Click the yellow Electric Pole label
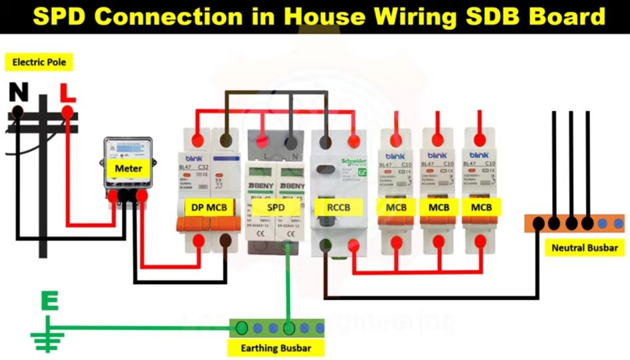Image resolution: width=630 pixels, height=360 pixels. click(x=39, y=63)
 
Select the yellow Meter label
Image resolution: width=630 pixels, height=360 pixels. click(x=128, y=168)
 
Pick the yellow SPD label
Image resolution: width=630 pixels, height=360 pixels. click(x=276, y=207)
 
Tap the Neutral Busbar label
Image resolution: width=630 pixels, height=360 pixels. click(x=585, y=248)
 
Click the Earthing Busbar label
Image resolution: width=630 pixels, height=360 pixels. click(x=275, y=348)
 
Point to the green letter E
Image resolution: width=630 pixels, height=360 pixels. click(x=49, y=301)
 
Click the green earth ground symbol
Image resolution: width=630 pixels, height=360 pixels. click(x=45, y=338)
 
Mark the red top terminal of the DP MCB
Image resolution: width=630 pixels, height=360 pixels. click(x=197, y=141)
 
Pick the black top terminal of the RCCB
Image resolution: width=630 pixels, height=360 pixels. click(x=326, y=141)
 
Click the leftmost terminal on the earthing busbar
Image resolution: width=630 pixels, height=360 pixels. click(x=241, y=327)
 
